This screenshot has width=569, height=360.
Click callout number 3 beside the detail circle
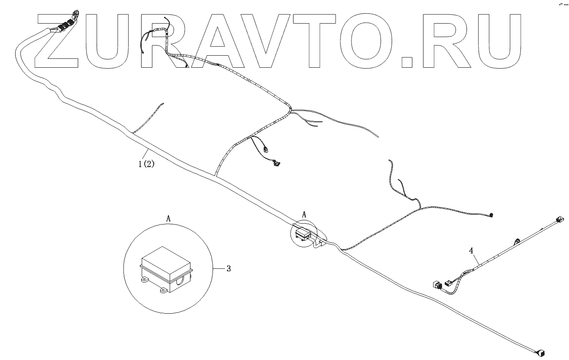229,268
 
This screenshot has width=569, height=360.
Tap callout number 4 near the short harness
471,251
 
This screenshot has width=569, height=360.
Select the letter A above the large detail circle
168,218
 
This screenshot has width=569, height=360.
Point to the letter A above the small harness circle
304,215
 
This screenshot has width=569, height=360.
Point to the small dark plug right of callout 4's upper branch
491,215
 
